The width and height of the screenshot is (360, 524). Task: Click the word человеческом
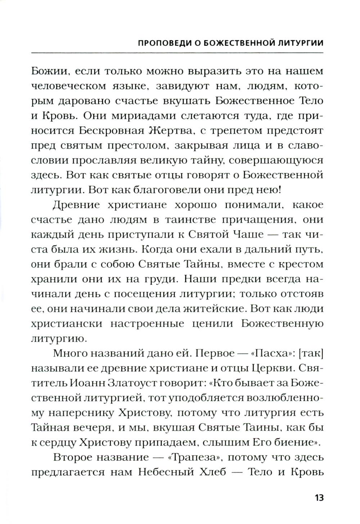coord(72,86)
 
